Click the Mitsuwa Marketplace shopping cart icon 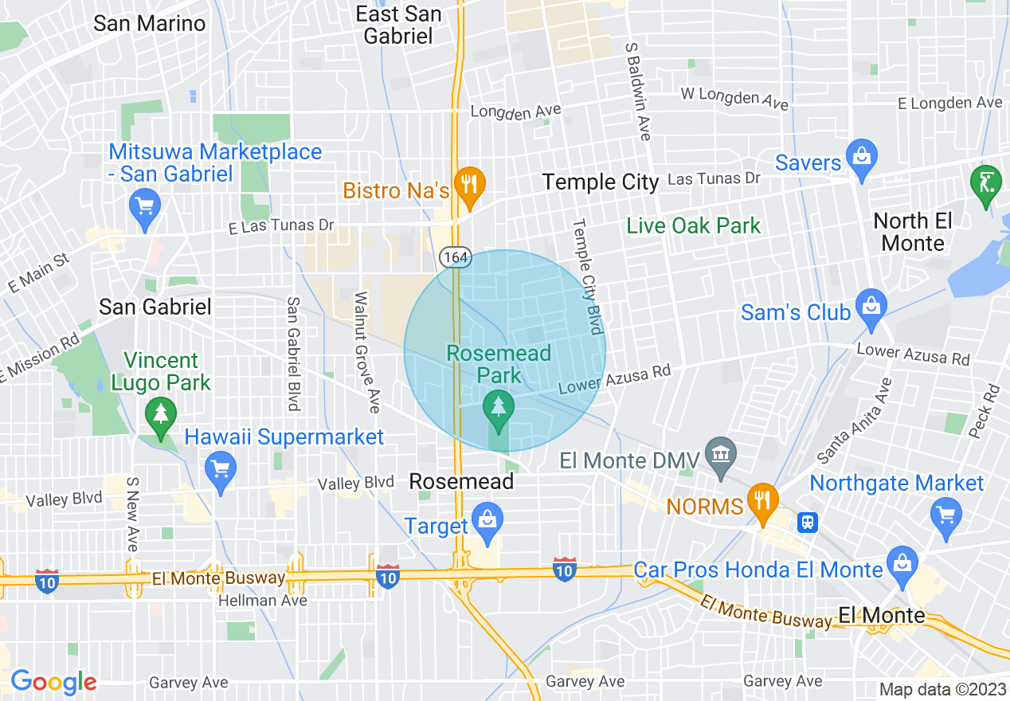tap(144, 206)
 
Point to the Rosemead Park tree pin tap(499, 406)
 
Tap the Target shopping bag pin tap(486, 519)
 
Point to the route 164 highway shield tap(456, 257)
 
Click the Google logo tap(53, 682)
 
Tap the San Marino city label tap(149, 23)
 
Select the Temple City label tap(601, 182)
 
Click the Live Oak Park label tap(694, 225)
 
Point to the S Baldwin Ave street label tap(638, 91)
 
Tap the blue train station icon tap(808, 523)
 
